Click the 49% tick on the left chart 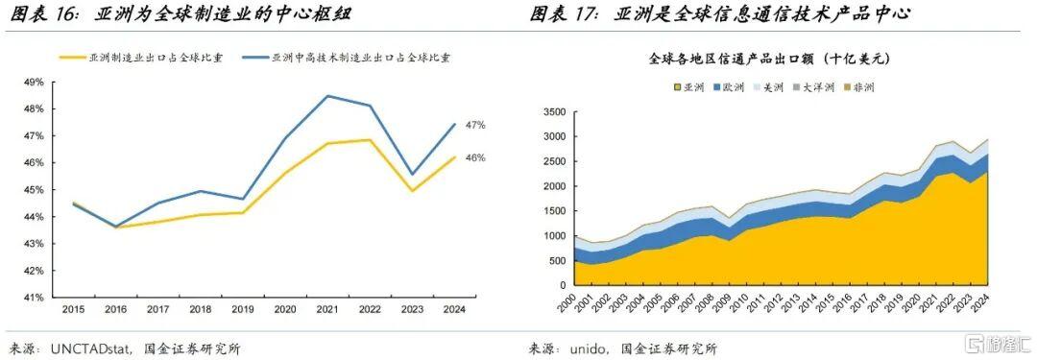34,82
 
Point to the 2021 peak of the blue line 326,96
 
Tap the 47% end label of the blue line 475,125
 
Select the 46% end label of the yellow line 475,157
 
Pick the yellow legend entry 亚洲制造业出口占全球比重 141,58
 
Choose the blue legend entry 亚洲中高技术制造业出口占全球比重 347,58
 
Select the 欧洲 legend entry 728,87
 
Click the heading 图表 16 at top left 36,13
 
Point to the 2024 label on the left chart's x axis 454,308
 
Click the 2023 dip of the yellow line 412,191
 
